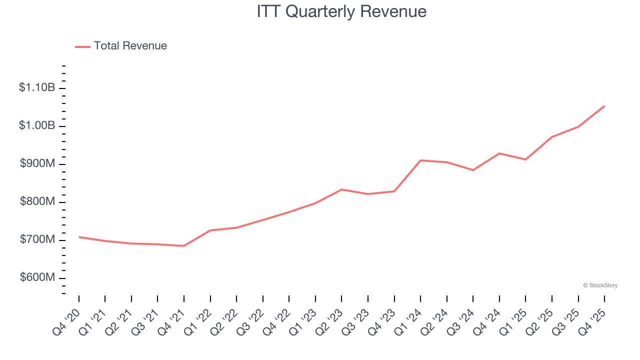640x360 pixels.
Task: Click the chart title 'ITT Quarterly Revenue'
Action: pyautogui.click(x=341, y=11)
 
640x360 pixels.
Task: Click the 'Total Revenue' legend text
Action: pyautogui.click(x=130, y=46)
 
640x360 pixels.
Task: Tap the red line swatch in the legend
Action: pyautogui.click(x=82, y=46)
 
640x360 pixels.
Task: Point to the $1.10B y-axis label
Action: pyautogui.click(x=37, y=88)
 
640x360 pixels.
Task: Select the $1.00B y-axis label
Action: pyautogui.click(x=37, y=126)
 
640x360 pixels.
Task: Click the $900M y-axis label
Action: pyautogui.click(x=37, y=164)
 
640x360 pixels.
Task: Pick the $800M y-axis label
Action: pyautogui.click(x=37, y=202)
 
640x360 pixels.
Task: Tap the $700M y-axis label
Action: pyautogui.click(x=37, y=240)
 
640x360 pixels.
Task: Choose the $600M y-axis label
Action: pyautogui.click(x=37, y=278)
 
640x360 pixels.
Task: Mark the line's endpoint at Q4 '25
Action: pyautogui.click(x=604, y=106)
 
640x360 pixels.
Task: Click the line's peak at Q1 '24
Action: pyautogui.click(x=420, y=160)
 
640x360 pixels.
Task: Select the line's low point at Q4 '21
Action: pyautogui.click(x=184, y=245)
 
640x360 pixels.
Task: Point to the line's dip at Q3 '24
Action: pyautogui.click(x=473, y=170)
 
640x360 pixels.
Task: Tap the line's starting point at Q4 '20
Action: pyautogui.click(x=79, y=237)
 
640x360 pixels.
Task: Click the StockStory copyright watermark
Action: pyautogui.click(x=600, y=285)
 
